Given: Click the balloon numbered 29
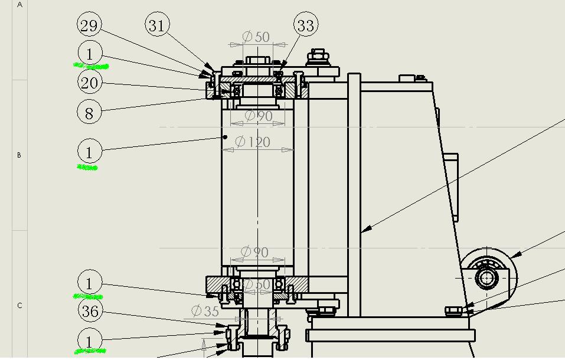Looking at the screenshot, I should pyautogui.click(x=89, y=25).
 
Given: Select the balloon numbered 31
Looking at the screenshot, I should pyautogui.click(x=156, y=25).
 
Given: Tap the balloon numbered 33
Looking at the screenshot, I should pyautogui.click(x=305, y=25).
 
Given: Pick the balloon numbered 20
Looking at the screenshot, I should pyautogui.click(x=89, y=83).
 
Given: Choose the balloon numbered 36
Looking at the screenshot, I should pyautogui.click(x=90, y=311).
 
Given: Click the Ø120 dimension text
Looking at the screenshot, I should pyautogui.click(x=253, y=142).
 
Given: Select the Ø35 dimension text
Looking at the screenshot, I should pyautogui.click(x=205, y=310).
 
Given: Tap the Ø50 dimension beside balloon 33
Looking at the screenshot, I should pyautogui.click(x=256, y=37).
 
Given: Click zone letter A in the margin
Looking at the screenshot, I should pyautogui.click(x=19, y=5).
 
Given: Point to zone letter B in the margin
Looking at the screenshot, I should pyautogui.click(x=19, y=155).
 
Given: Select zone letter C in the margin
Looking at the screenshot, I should pyautogui.click(x=19, y=306).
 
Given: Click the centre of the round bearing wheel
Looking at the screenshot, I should pyautogui.click(x=487, y=278).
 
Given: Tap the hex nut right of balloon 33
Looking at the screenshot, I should pyautogui.click(x=318, y=57).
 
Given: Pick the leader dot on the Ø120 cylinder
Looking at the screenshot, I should pyautogui.click(x=225, y=137).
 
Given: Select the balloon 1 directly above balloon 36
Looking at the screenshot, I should pyautogui.click(x=89, y=283).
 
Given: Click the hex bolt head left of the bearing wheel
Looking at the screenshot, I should pyautogui.click(x=453, y=310).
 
